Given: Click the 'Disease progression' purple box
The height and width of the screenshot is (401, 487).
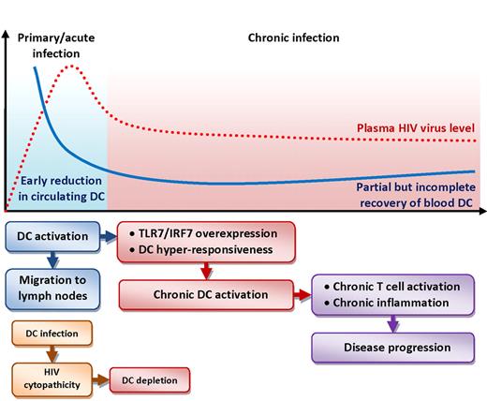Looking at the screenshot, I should point(385,348).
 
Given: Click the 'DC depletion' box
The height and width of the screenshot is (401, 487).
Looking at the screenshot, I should point(149,380).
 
